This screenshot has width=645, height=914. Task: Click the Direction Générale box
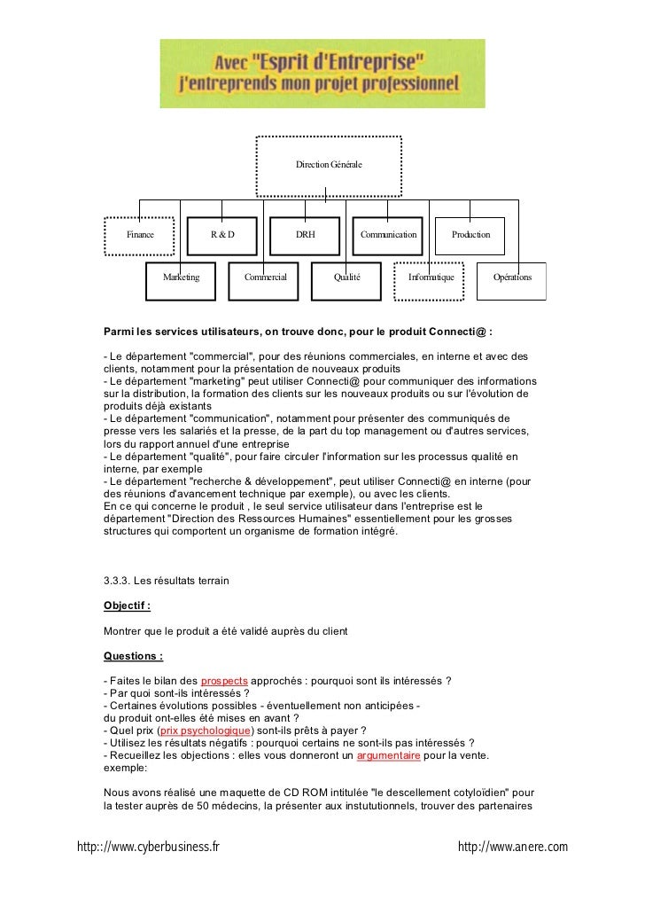click(329, 166)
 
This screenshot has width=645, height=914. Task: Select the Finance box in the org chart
click(140, 235)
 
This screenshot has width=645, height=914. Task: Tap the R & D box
click(221, 235)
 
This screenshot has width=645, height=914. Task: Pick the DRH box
click(305, 235)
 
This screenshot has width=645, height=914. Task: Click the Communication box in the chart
click(388, 235)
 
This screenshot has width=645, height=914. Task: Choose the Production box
click(470, 235)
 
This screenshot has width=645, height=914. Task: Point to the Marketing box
click(182, 277)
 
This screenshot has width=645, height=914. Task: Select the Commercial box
click(265, 277)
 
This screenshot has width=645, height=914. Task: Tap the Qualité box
click(346, 277)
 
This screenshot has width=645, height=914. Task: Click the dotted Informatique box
click(430, 277)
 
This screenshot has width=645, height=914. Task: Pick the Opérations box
click(512, 277)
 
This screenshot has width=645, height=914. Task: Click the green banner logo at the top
click(322, 74)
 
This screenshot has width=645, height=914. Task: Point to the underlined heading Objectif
click(127, 606)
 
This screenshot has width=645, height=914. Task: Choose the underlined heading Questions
click(133, 657)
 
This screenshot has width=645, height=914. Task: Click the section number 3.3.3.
click(118, 581)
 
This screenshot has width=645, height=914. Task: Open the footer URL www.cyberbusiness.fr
click(148, 848)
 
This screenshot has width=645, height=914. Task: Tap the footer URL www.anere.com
click(512, 848)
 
